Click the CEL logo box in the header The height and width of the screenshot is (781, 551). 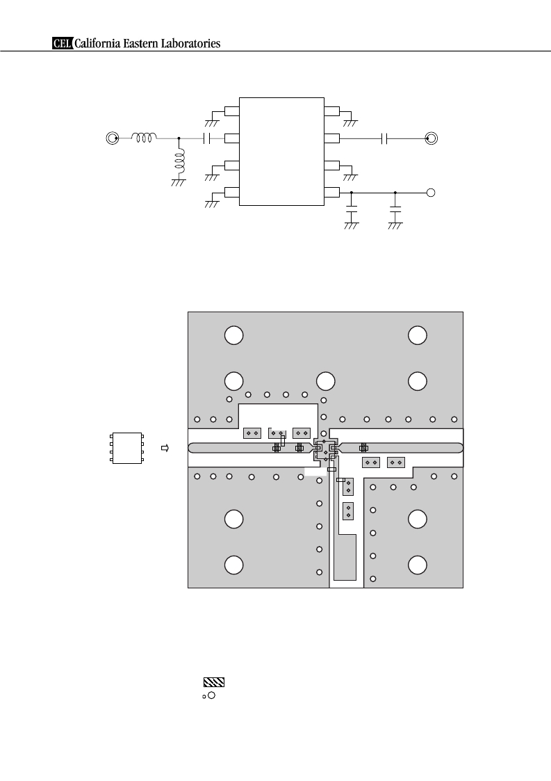(63, 44)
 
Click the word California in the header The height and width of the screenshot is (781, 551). (97, 44)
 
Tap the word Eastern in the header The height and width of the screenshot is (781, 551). (142, 44)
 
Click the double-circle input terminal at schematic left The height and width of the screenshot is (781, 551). (113, 138)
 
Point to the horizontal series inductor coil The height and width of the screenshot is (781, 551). (144, 138)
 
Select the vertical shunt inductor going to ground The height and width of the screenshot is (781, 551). (179, 161)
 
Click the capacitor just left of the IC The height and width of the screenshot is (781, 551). (207, 138)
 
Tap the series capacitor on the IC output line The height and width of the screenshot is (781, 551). (384, 138)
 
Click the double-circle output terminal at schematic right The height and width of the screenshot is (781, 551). (431, 138)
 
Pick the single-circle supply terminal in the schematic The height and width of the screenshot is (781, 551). (431, 192)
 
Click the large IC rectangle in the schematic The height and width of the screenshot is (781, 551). (281, 152)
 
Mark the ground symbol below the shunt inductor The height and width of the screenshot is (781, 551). (178, 183)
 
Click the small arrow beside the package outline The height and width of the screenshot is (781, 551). (165, 449)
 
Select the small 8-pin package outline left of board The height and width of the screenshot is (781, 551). (127, 449)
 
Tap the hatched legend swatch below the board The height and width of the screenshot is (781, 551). (214, 682)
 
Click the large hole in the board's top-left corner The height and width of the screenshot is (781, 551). (233, 335)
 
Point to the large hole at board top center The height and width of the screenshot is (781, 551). (325, 382)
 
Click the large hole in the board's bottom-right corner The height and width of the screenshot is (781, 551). (417, 565)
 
